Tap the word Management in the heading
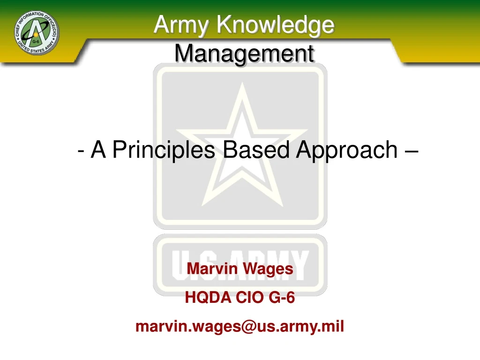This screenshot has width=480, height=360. (244, 53)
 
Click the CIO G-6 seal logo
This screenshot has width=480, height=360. (37, 32)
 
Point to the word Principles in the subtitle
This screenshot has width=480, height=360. (164, 150)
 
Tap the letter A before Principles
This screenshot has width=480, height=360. (97, 150)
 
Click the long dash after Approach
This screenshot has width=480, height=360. (411, 151)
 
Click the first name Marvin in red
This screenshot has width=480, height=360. (207, 269)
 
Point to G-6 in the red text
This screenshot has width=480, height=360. (282, 297)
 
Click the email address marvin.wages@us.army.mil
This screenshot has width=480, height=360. (240, 326)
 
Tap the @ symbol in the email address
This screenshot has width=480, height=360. (248, 326)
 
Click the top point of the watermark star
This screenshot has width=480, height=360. (241, 85)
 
